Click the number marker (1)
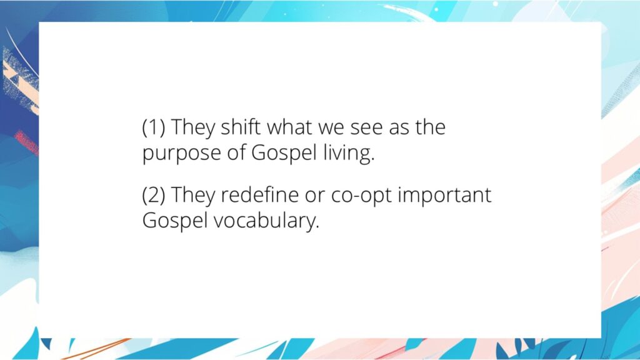pyautogui.click(x=154, y=127)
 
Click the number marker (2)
pyautogui.click(x=154, y=196)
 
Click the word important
pyautogui.click(x=444, y=196)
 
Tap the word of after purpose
pyautogui.click(x=237, y=153)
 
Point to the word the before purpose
pyautogui.click(x=431, y=127)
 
